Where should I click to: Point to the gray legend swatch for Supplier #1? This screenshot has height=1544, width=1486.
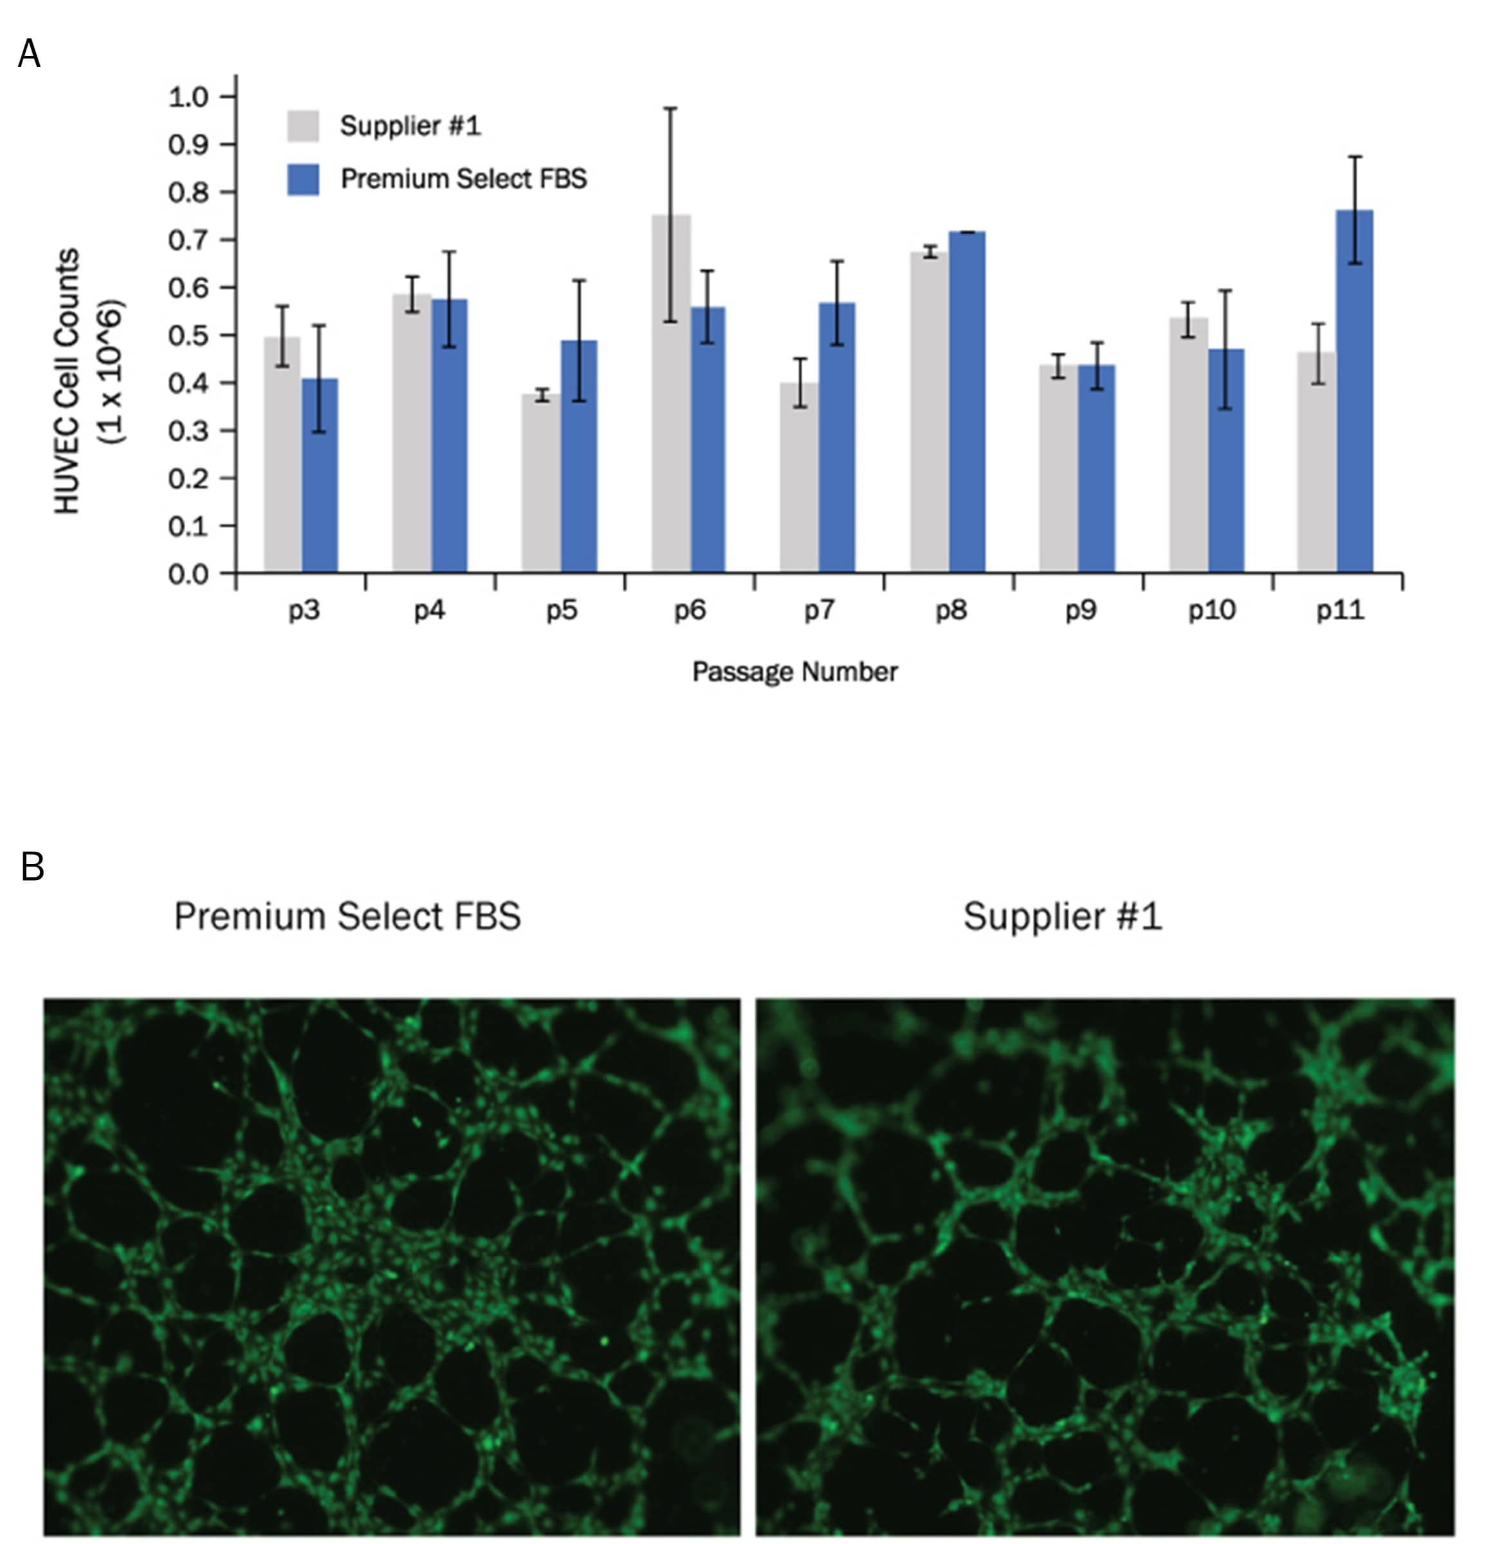coord(303,126)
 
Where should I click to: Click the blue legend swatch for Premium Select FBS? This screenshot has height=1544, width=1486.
coord(303,179)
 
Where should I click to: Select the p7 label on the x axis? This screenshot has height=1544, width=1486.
coord(819,611)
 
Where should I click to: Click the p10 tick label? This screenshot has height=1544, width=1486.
coord(1211,611)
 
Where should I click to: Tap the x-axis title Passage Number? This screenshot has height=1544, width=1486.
coord(794,672)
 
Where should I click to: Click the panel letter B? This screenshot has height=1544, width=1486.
coord(32,867)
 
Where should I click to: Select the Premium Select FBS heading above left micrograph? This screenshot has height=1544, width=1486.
coord(347,916)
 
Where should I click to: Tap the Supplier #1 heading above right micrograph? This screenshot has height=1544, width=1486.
coord(1062,916)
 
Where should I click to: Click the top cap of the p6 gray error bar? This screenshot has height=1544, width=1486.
coord(670,108)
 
